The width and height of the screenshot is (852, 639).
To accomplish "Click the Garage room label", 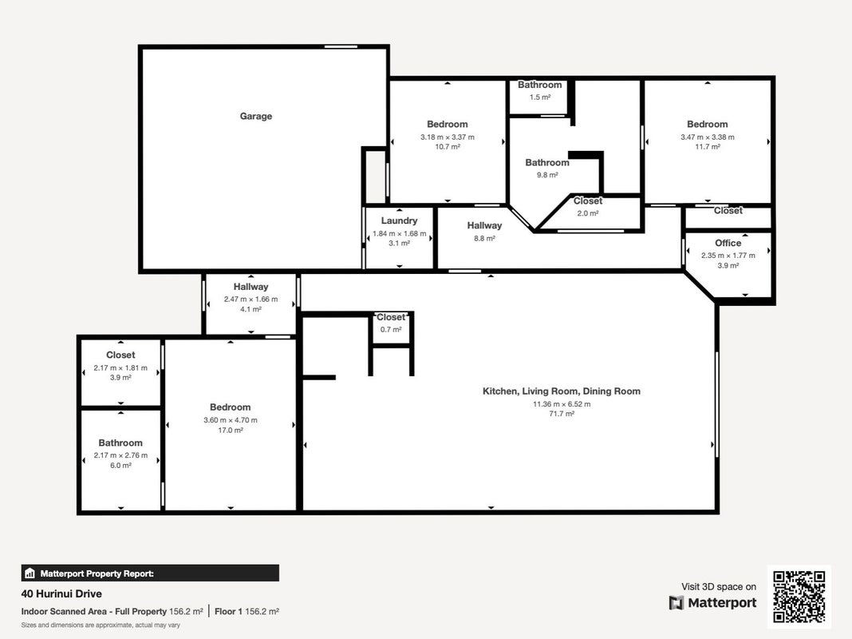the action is [256, 117].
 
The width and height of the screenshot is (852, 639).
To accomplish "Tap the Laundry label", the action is [400, 220].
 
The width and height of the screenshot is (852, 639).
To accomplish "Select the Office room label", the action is [728, 243].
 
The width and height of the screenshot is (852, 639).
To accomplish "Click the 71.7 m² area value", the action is [562, 414].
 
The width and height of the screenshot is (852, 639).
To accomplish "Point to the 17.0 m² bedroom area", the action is [231, 431].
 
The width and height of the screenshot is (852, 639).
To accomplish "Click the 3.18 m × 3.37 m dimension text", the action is [448, 137].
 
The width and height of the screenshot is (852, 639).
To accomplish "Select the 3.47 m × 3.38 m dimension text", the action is [708, 137].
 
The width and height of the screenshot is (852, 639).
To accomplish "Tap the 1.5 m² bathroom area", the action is [540, 97].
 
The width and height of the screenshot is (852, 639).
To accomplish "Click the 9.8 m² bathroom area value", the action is [547, 175].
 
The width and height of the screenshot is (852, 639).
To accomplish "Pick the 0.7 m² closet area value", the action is [391, 330].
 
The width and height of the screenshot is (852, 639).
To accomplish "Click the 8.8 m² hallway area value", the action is [484, 238].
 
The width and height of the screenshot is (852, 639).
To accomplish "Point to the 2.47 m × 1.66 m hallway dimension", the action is [251, 299].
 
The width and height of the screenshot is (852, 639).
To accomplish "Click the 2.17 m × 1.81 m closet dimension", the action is [120, 367].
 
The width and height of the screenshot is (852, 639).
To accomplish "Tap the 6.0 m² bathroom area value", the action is [120, 466].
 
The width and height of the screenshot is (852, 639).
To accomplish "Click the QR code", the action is [799, 597].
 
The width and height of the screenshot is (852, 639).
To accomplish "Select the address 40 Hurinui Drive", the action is [61, 593].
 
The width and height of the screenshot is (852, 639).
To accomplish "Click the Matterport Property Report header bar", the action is [150, 574].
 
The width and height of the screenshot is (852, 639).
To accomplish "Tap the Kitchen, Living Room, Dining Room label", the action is [562, 391].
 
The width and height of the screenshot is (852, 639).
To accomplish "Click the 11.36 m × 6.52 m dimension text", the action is [562, 404].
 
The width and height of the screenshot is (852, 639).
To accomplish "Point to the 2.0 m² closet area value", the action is [588, 213].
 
